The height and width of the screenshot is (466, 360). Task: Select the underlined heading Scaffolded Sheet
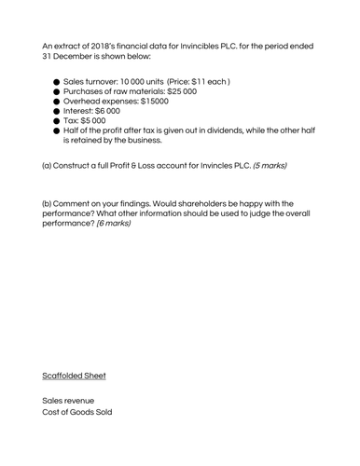[x=74, y=376]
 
